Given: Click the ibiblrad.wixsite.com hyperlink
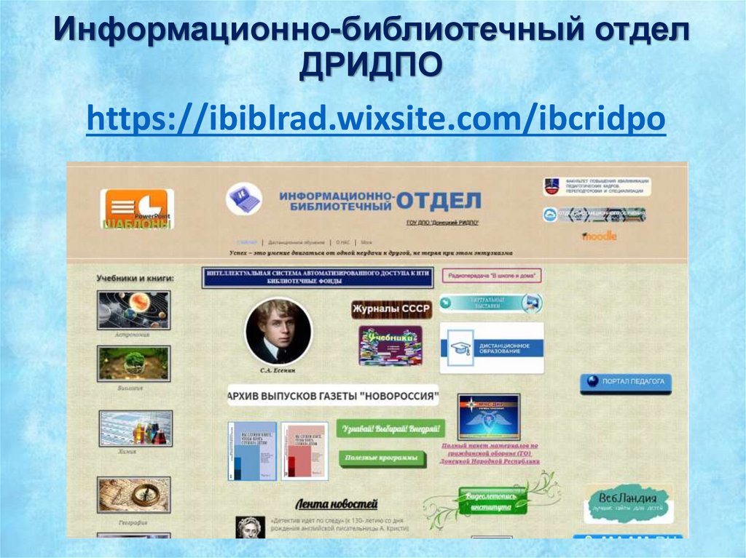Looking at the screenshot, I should [x=375, y=119].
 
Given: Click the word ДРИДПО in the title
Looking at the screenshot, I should [x=371, y=68].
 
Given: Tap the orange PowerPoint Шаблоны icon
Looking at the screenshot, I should [x=137, y=210].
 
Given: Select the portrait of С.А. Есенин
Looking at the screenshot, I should [x=278, y=331].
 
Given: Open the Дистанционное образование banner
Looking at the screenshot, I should [x=491, y=348].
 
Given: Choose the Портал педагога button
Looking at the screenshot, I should [x=626, y=382].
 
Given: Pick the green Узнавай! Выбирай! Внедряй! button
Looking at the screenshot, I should [x=390, y=428].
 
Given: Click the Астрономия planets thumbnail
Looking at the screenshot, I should [x=133, y=310].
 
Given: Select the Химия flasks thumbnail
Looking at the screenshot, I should [x=136, y=428].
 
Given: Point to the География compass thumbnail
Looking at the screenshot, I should [x=133, y=495].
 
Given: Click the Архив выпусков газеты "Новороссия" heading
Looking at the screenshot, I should [x=333, y=396].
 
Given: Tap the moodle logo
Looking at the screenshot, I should [x=599, y=236].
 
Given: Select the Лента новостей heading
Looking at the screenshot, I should [x=336, y=503].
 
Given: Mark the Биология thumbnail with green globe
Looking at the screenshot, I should [x=133, y=363].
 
